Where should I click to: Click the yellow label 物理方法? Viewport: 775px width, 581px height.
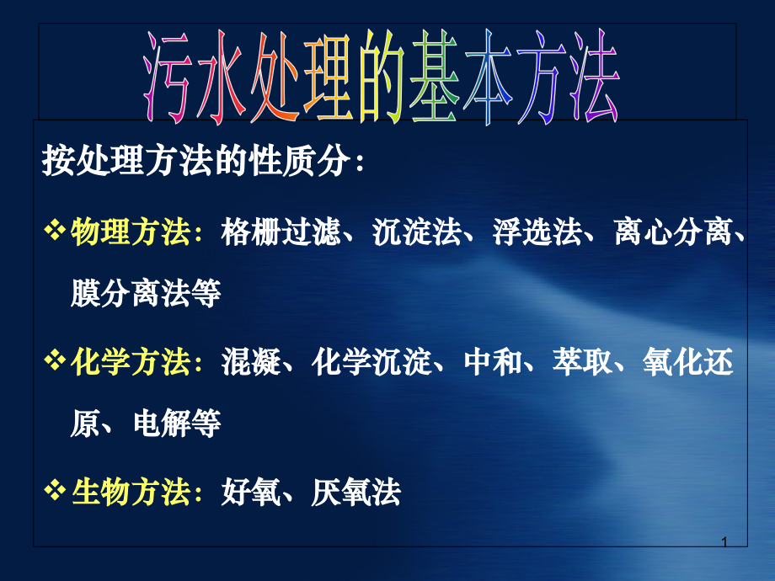[131, 232]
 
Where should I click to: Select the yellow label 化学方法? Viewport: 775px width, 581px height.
[131, 363]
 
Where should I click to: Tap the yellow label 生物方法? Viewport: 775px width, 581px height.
[131, 493]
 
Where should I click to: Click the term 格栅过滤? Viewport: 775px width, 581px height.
[281, 232]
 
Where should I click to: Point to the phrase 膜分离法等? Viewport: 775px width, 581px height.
[146, 294]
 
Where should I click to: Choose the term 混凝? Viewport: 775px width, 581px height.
[251, 363]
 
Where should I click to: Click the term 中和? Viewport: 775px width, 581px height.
[493, 363]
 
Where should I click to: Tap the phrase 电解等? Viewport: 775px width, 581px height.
[177, 424]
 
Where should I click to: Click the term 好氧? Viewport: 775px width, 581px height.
[251, 493]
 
